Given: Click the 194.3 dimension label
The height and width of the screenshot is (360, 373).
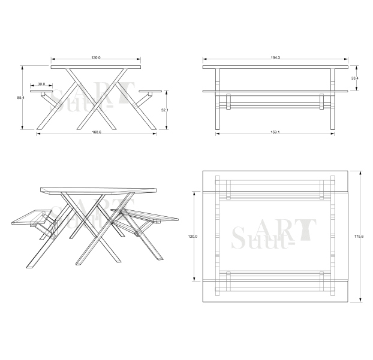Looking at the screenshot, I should (275, 58).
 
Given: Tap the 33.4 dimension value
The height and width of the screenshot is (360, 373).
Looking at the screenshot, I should (355, 78).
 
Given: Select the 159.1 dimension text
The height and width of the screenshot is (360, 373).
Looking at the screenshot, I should (275, 132).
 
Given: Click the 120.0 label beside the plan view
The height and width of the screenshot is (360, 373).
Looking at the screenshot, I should (192, 237).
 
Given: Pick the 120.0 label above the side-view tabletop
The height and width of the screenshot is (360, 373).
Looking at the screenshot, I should (96, 58).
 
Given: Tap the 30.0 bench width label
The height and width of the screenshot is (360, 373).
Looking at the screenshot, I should (41, 84).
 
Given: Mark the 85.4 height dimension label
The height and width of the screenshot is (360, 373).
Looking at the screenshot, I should (20, 98).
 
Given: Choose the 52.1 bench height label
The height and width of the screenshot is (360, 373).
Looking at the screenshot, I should (165, 110).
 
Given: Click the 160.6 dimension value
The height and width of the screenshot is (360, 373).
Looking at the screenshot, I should (97, 132).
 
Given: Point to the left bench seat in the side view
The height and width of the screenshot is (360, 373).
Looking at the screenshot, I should (41, 92).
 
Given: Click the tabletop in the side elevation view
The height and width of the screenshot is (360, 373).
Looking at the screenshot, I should (96, 67).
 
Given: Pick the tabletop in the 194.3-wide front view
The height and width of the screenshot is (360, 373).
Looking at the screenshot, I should (275, 67).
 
